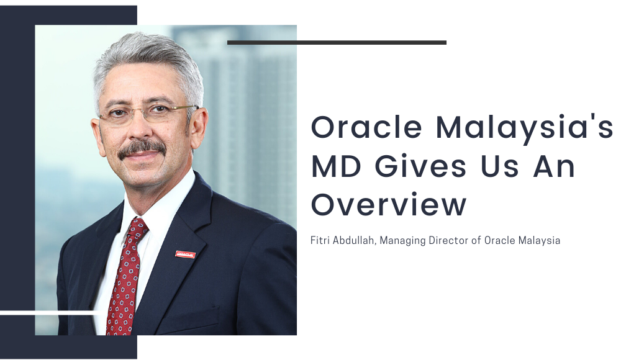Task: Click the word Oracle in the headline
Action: pos(366,127)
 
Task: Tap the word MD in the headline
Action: pos(336,166)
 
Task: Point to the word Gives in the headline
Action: pos(420,166)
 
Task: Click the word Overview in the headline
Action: pos(389,204)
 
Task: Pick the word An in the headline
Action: pos(554,166)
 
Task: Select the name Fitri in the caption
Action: pos(319,240)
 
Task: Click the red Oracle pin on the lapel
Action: pos(185,254)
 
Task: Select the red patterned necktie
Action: pos(125,278)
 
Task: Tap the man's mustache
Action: pos(142,148)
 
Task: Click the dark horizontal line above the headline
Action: pos(337,42)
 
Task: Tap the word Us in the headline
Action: pos(499,166)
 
